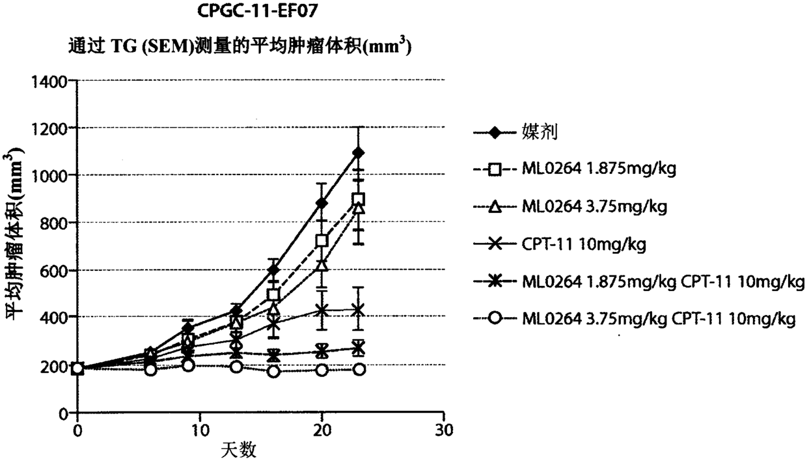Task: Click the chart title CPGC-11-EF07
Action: click(x=258, y=10)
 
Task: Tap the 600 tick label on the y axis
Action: click(x=53, y=272)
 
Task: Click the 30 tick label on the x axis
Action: click(x=444, y=430)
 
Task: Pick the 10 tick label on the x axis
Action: click(x=200, y=430)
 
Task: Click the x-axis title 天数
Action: click(x=238, y=450)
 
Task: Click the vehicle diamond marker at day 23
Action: click(x=358, y=153)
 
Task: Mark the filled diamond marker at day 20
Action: click(x=321, y=203)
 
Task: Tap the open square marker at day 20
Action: click(x=321, y=240)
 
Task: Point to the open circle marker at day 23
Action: click(x=359, y=369)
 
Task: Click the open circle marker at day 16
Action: click(x=274, y=372)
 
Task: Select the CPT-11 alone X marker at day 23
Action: click(x=358, y=310)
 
